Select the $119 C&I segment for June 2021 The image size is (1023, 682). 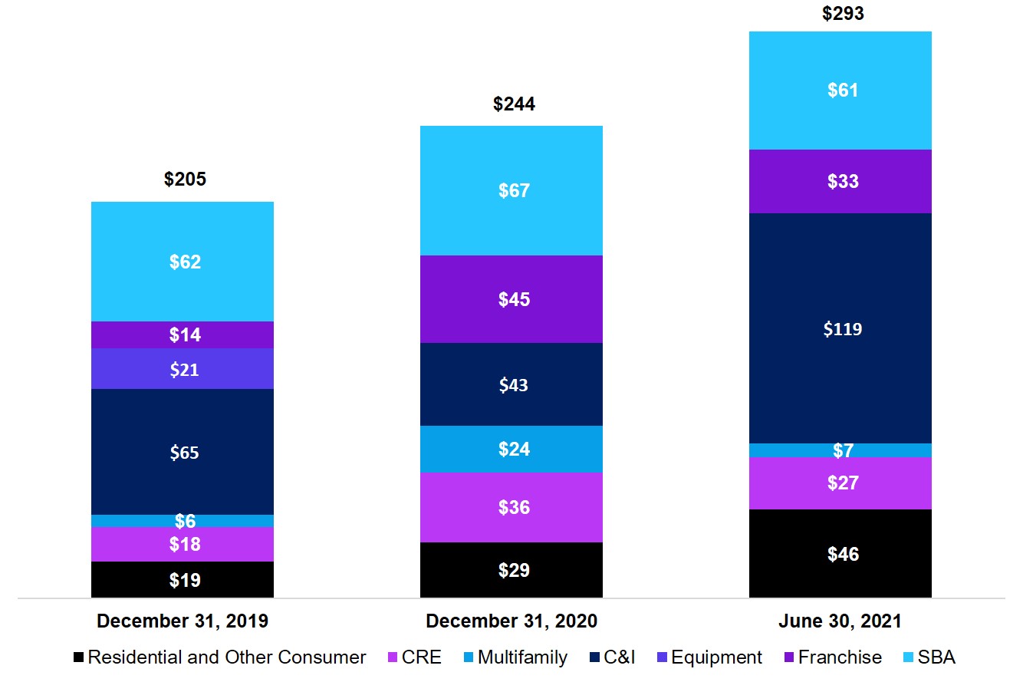coord(840,328)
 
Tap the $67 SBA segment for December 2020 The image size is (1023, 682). coord(511,190)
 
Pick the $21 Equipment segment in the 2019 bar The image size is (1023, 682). coord(183,369)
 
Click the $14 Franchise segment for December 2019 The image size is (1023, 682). coord(183,334)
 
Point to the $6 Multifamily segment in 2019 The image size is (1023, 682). coord(183,521)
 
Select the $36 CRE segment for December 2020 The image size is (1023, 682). coord(511,507)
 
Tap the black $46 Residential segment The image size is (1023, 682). coord(840,553)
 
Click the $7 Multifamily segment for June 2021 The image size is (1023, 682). coord(840,450)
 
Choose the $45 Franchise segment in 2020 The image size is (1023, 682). coord(511,299)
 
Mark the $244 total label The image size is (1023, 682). coord(514,104)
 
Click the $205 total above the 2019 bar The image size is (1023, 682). coord(185,180)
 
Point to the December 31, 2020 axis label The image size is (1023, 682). coord(511,621)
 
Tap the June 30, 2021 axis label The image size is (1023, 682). coord(840,621)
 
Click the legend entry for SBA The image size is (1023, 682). coord(931,657)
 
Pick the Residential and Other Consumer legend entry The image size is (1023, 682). coord(219,657)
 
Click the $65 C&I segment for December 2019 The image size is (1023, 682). coord(183,452)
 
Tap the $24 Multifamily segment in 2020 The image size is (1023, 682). coord(511,449)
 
